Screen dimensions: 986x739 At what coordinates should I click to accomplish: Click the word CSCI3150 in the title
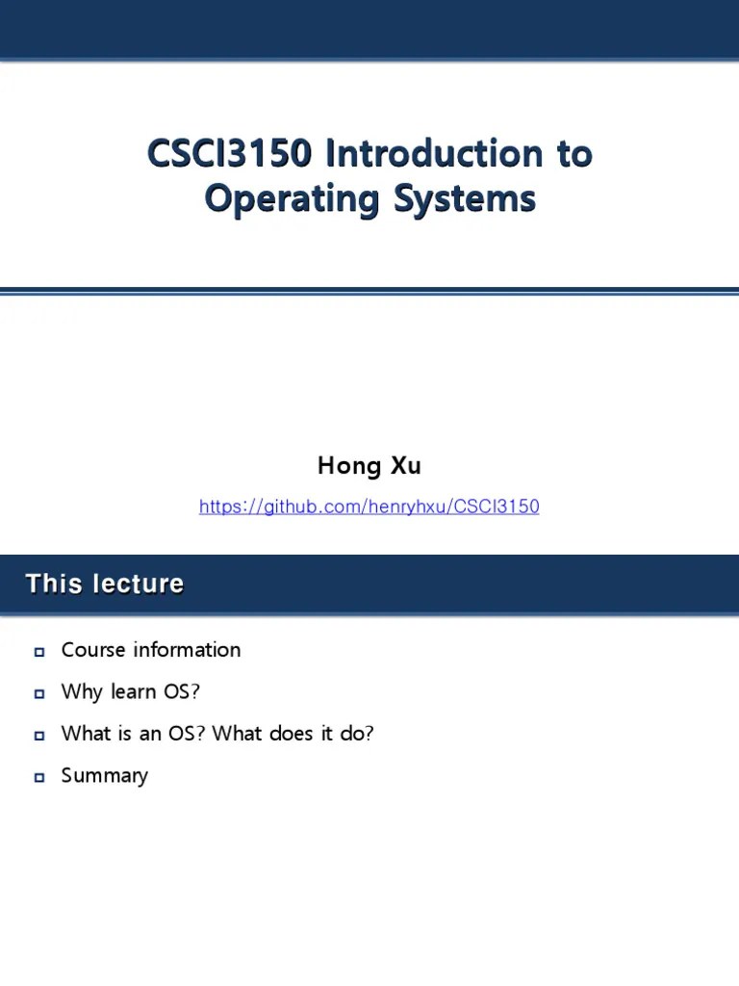(x=231, y=154)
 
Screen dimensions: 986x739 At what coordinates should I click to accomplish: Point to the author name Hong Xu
(x=369, y=467)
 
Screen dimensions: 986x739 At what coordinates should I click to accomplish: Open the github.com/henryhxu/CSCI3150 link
(x=369, y=506)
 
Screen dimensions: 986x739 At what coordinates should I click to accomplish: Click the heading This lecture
(x=104, y=584)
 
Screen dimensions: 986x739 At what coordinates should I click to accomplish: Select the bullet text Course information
(x=151, y=650)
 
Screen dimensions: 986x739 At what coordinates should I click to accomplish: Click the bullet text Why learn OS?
(x=130, y=691)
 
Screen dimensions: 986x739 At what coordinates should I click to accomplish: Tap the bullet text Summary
(x=105, y=775)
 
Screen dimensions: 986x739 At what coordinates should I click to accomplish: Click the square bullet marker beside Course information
(x=39, y=652)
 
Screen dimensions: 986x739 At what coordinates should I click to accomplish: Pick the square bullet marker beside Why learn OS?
(x=39, y=693)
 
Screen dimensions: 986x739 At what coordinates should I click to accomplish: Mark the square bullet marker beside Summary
(x=39, y=777)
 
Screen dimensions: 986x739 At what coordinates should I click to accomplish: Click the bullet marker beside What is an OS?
(x=39, y=736)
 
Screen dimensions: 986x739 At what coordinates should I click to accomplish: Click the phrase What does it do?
(x=293, y=734)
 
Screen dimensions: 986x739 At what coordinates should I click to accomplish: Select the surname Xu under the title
(x=405, y=467)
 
